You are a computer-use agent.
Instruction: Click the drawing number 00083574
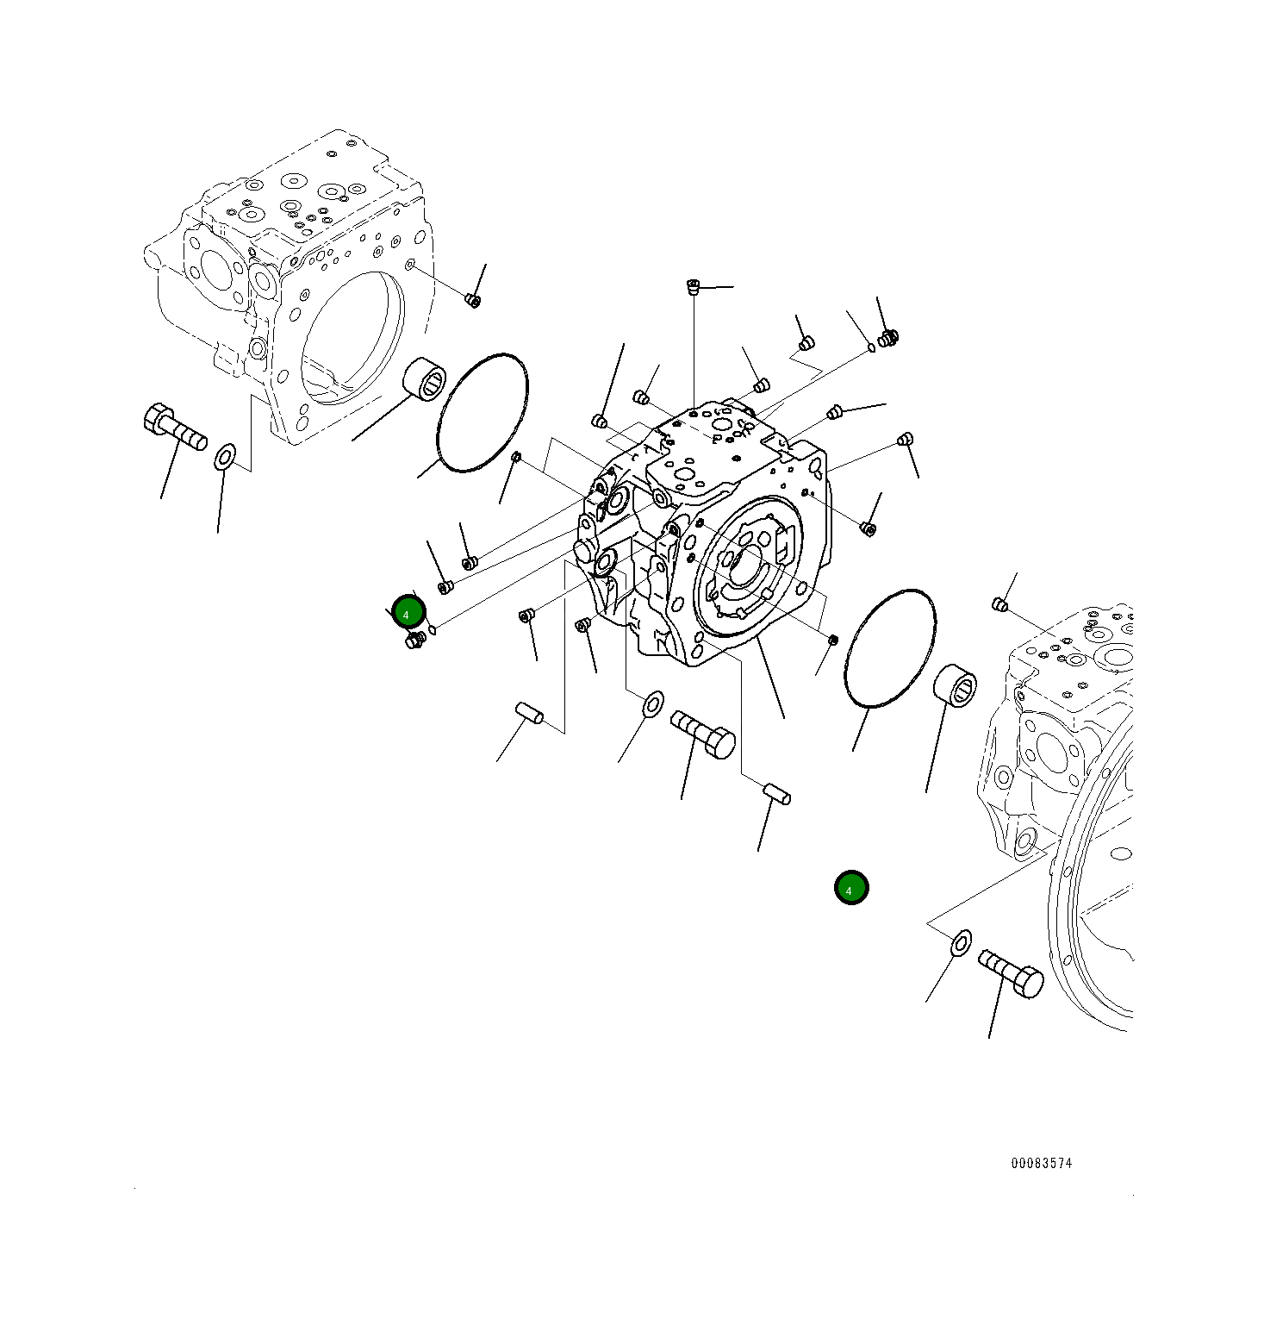click(1041, 1163)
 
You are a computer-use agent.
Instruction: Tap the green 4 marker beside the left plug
click(408, 613)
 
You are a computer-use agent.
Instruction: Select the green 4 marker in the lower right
click(851, 888)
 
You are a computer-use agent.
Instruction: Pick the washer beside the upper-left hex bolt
click(225, 457)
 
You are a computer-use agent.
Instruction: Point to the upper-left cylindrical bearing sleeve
click(425, 380)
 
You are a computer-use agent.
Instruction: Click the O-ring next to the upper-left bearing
click(483, 412)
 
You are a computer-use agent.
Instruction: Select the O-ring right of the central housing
click(890, 648)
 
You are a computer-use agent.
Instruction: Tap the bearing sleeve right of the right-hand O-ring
click(955, 687)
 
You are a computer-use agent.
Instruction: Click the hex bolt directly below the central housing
click(703, 734)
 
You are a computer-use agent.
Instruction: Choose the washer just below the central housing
click(653, 703)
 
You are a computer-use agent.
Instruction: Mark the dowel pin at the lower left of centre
click(529, 713)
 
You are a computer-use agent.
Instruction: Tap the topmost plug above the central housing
click(692, 285)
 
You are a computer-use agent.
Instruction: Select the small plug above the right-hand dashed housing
click(1000, 603)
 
